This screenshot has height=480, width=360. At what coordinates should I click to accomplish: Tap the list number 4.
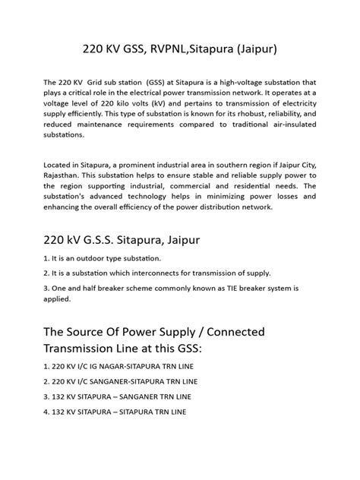point(47,412)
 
